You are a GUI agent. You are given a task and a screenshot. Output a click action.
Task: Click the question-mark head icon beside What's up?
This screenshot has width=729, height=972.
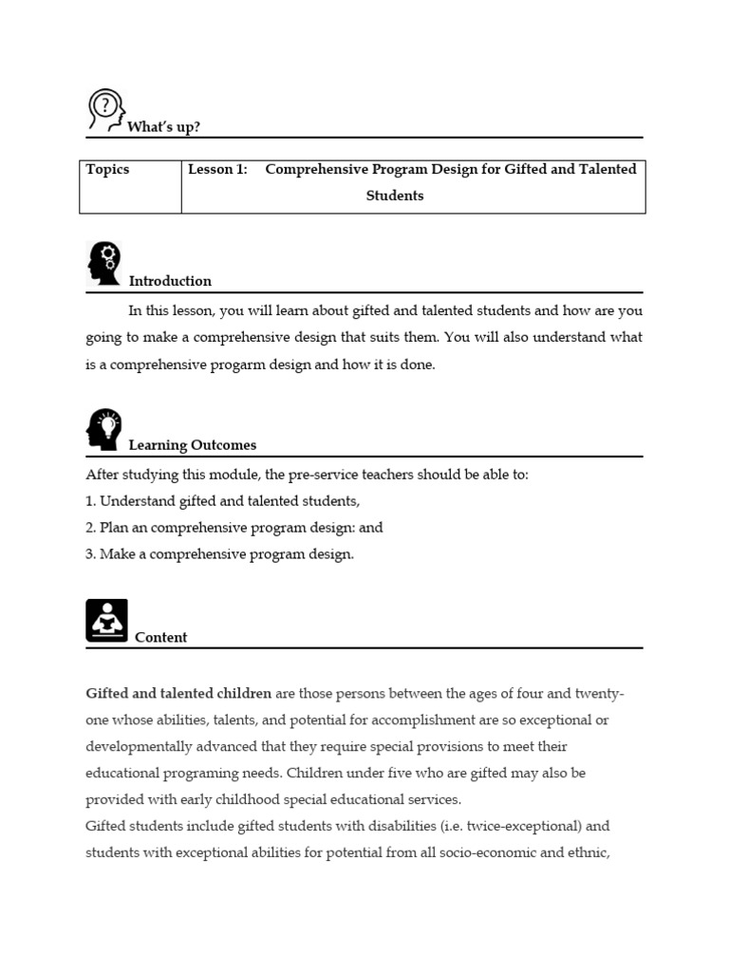pyautogui.click(x=105, y=109)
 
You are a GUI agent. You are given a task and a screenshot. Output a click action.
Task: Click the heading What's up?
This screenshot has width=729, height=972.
pyautogui.click(x=164, y=126)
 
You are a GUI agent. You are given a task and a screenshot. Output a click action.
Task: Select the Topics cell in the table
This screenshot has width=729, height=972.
pyautogui.click(x=107, y=169)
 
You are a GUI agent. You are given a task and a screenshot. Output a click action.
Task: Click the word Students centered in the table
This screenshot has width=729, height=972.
pyautogui.click(x=395, y=196)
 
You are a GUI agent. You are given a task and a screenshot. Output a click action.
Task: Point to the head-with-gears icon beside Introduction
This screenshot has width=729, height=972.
pyautogui.click(x=104, y=263)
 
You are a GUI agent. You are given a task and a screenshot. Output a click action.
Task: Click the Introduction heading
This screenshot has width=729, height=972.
pyautogui.click(x=170, y=281)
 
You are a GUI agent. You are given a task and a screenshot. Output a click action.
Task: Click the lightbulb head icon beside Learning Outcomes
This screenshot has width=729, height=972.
pyautogui.click(x=105, y=428)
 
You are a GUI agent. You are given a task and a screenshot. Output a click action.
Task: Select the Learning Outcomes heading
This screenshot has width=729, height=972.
pyautogui.click(x=192, y=445)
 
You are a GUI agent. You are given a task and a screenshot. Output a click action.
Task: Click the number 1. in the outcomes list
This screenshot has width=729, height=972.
pyautogui.click(x=91, y=501)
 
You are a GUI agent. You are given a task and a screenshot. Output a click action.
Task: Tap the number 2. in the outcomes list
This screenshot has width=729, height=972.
pyautogui.click(x=91, y=528)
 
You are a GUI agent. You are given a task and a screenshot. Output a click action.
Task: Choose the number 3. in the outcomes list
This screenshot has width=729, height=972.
pyautogui.click(x=91, y=554)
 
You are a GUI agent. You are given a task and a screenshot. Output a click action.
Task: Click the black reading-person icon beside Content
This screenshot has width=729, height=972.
pyautogui.click(x=106, y=620)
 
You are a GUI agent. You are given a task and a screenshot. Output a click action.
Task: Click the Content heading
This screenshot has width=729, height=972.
pyautogui.click(x=160, y=638)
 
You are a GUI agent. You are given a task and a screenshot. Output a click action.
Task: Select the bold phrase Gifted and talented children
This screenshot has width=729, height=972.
pyautogui.click(x=178, y=694)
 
